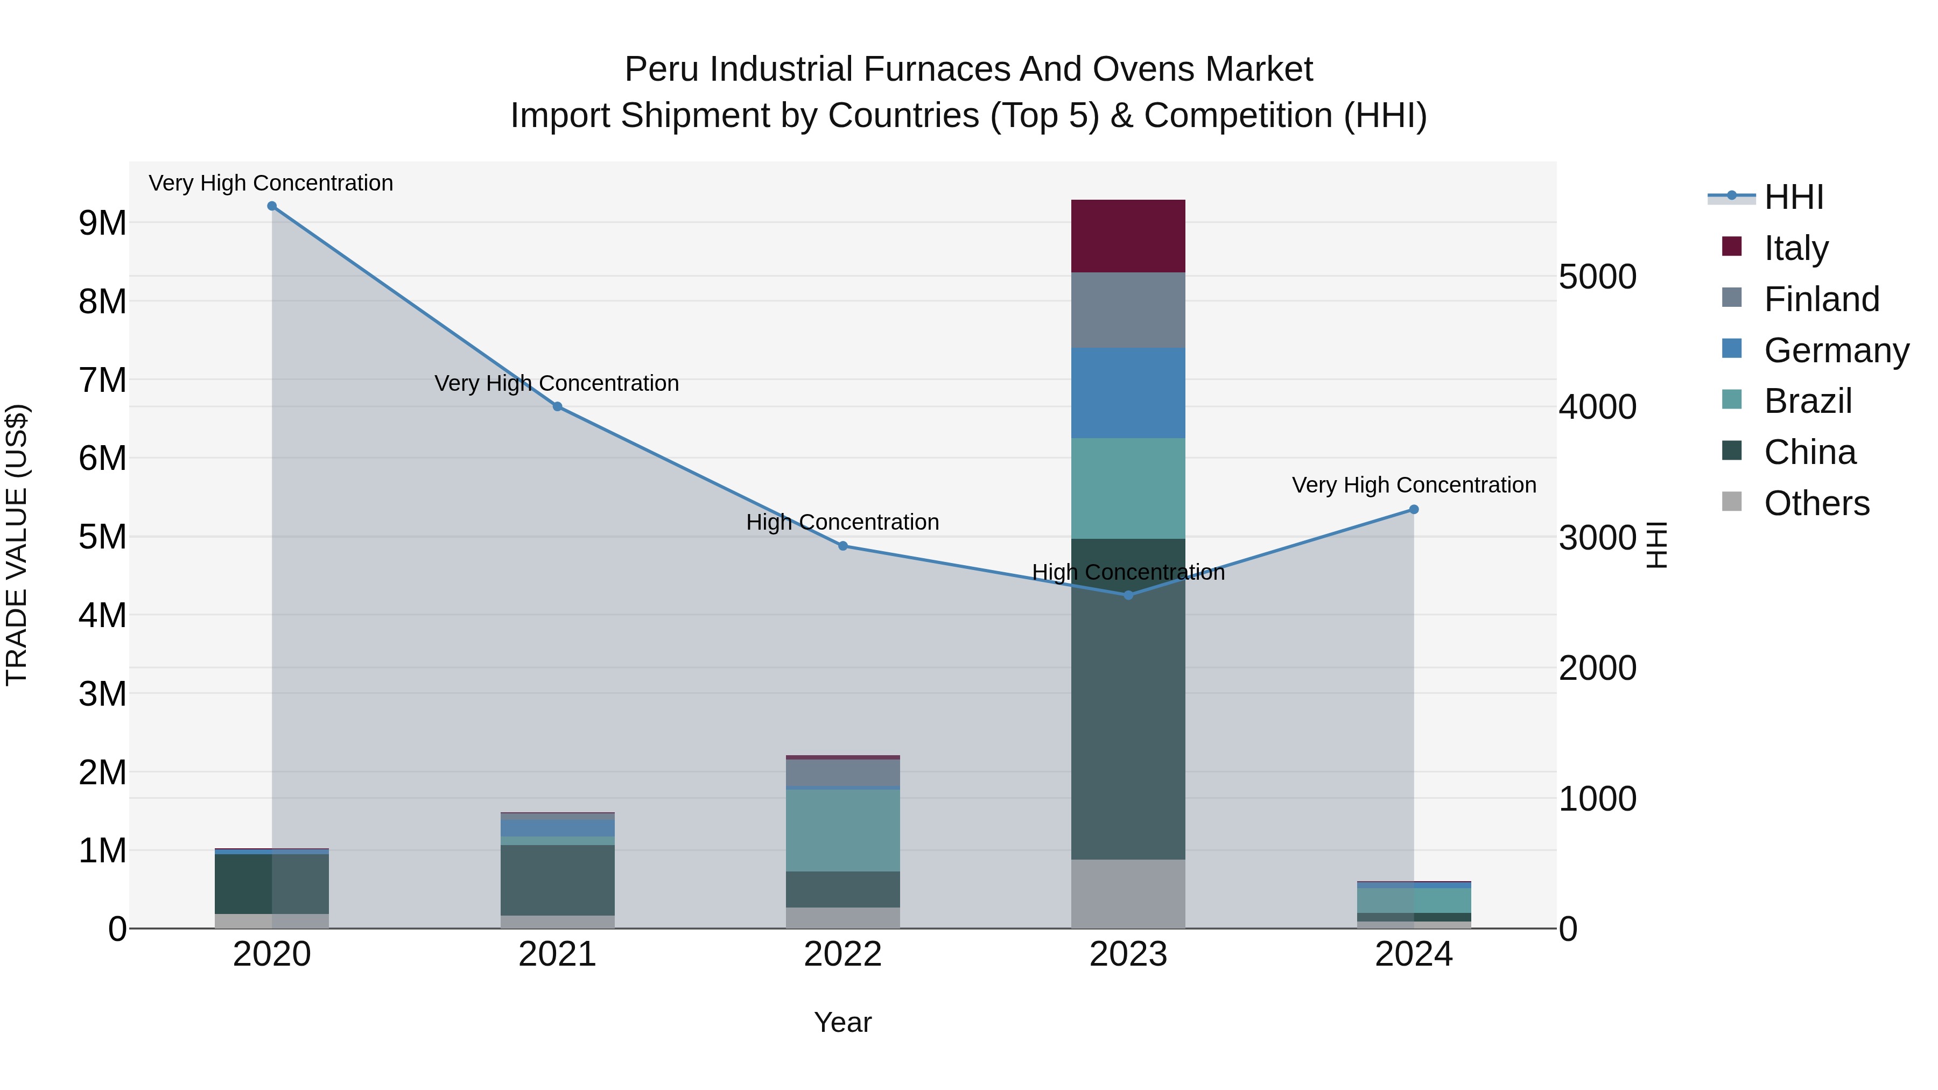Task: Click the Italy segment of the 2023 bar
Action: tap(1128, 235)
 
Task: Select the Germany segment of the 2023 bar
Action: tap(1128, 393)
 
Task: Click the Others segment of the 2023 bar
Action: tap(1128, 894)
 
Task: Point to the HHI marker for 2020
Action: tap(272, 206)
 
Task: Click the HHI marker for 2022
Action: tap(842, 546)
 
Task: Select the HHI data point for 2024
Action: tap(1414, 509)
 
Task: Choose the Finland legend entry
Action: tap(1821, 299)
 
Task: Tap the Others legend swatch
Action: tap(1731, 502)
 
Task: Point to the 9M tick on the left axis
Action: tap(102, 223)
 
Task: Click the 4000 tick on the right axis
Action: tap(1597, 407)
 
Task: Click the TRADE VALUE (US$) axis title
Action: tap(17, 545)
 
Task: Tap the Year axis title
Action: tap(842, 1022)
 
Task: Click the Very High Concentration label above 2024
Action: tap(1414, 485)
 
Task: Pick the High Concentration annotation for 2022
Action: tap(842, 522)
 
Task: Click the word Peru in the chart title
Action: tap(661, 69)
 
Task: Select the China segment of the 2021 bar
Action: tap(558, 880)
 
